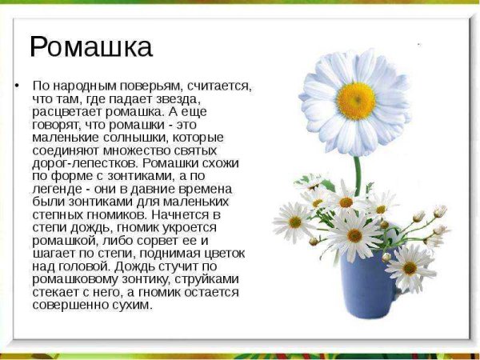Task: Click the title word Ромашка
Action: coord(90,47)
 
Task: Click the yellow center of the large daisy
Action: coord(356,100)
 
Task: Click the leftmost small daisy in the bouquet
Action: coord(294,222)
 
